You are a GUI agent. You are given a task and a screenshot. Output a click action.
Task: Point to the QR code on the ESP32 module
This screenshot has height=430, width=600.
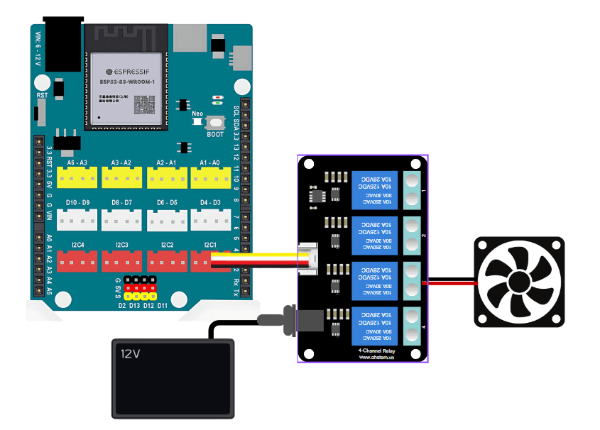click(146, 105)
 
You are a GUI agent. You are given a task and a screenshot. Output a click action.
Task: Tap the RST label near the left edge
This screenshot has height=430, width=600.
click(42, 94)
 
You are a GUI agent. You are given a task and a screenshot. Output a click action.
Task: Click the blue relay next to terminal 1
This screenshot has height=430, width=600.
click(376, 189)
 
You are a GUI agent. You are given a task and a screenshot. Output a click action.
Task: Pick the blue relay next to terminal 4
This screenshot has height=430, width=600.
click(376, 326)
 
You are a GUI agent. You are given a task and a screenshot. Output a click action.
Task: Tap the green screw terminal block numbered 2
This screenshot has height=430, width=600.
click(412, 236)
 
